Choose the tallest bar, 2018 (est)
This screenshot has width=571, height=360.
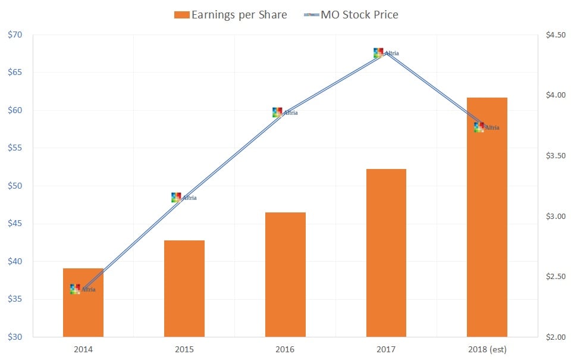(487, 226)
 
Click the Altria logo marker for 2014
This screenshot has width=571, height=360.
(76, 289)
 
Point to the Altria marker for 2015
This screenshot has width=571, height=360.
(176, 198)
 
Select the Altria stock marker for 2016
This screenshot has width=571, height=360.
(277, 112)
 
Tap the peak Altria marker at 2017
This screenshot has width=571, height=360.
(378, 53)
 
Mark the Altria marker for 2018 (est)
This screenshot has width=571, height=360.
(479, 127)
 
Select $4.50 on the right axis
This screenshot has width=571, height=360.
(555, 35)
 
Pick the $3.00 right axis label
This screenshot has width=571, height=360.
(555, 216)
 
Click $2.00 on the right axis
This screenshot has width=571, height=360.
(555, 337)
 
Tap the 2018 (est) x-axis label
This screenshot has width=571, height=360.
(487, 349)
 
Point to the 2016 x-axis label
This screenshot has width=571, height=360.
(285, 349)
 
